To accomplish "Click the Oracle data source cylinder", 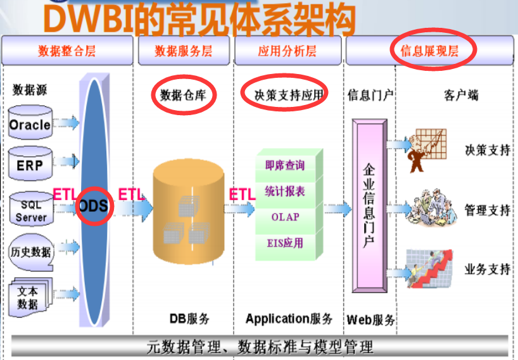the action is click(x=30, y=124).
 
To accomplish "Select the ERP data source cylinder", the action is click(x=30, y=165).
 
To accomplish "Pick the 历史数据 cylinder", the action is click(x=30, y=251).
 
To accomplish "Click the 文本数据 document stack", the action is click(x=28, y=297).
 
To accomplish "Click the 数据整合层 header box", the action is click(x=67, y=51).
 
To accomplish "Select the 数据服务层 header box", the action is click(x=184, y=51).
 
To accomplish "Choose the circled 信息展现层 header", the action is click(x=430, y=51).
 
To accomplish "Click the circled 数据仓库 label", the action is click(x=184, y=96).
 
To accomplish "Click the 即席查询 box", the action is click(x=286, y=165).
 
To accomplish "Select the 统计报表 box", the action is click(x=286, y=191).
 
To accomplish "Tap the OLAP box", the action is click(x=286, y=217).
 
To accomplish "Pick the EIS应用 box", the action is click(x=286, y=243).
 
